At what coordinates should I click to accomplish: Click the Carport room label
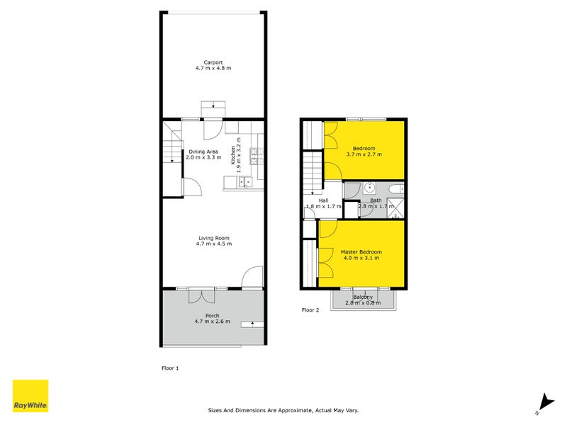point(213,62)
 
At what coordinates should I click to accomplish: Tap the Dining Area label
point(203,152)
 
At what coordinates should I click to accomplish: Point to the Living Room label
point(213,238)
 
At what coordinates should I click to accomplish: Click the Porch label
point(213,315)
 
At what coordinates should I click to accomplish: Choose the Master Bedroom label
point(361,252)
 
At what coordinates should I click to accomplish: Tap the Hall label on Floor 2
point(323,200)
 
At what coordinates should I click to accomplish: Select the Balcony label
point(363,297)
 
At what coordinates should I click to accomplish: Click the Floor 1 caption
point(171,368)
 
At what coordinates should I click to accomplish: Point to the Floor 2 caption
point(310,310)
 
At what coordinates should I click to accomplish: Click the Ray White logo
point(30,397)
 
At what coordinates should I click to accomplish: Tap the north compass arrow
point(544,402)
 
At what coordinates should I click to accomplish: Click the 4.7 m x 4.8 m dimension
point(213,68)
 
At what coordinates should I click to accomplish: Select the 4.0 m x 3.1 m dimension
point(361,259)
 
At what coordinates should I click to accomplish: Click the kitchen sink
point(245,183)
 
